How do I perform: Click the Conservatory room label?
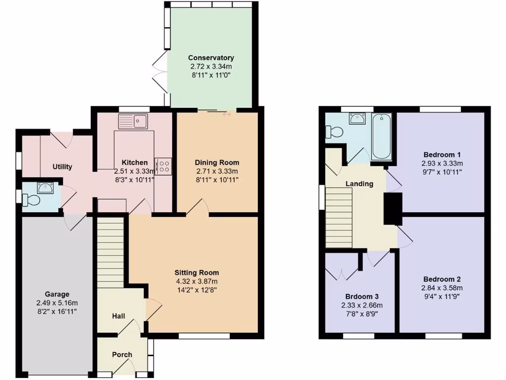coord(211,57)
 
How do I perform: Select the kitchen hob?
coord(163,165)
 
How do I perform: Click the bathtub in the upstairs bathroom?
coord(381,136)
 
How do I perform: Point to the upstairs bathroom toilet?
coord(335,132)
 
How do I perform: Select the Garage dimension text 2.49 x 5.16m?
coord(57,303)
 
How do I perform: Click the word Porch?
coord(122,354)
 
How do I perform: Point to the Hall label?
coord(118,316)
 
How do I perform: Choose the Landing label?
coord(359,184)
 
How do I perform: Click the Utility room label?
coord(62,167)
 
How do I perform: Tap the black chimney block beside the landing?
coord(393,209)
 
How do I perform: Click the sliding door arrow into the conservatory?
coord(227,114)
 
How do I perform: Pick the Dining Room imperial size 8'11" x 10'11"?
coord(216,180)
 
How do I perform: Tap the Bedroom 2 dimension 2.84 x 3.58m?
coord(442,288)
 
